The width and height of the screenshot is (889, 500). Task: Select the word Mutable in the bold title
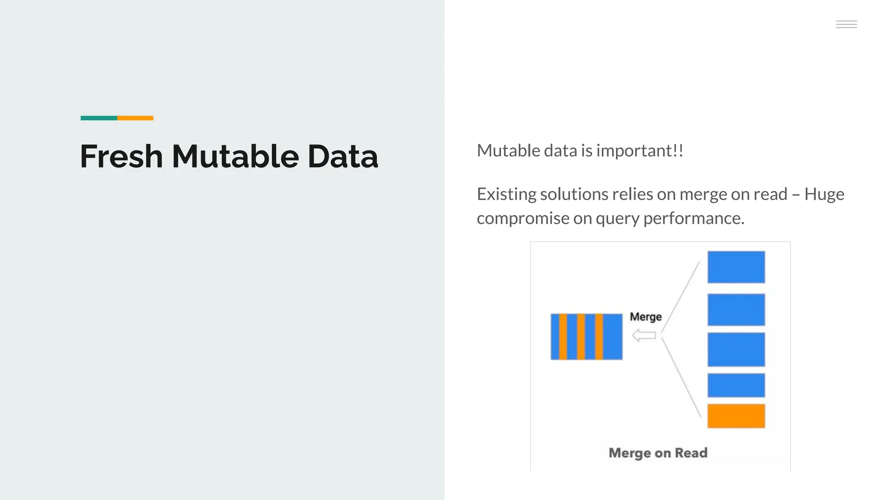235,156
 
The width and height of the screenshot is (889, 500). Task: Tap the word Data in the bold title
342,156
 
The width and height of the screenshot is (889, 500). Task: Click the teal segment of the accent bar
99,118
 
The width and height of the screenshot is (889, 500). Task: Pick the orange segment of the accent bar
135,118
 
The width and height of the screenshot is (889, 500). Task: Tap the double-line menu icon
846,24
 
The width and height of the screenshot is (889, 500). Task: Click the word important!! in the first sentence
640,151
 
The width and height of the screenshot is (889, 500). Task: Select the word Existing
506,194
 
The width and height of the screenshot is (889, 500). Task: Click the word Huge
824,194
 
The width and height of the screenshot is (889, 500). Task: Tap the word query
617,218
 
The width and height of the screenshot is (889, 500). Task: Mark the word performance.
693,218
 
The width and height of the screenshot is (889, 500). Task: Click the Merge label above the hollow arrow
645,317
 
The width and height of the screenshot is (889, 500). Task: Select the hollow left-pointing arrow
644,335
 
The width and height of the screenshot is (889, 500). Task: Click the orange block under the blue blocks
736,416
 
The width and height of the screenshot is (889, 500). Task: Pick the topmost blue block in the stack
736,267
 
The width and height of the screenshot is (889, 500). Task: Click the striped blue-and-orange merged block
586,336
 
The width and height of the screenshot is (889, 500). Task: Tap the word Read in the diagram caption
691,453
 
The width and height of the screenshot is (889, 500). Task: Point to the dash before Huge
796,194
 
